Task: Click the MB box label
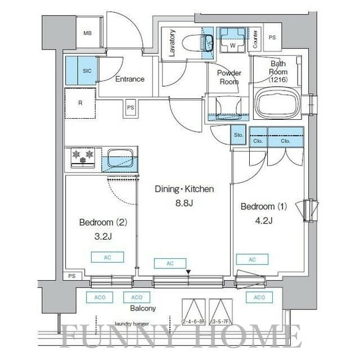(x=87, y=33)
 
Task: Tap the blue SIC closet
(x=79, y=70)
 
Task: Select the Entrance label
(x=130, y=79)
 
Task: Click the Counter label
(x=255, y=39)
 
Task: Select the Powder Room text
(x=229, y=77)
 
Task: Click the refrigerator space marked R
(x=80, y=103)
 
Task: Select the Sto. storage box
(x=238, y=134)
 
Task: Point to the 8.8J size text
(x=184, y=203)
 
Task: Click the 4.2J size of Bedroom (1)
(x=263, y=220)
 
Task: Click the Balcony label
(x=143, y=308)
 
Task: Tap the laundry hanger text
(x=131, y=323)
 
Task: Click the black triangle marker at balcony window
(x=188, y=273)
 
